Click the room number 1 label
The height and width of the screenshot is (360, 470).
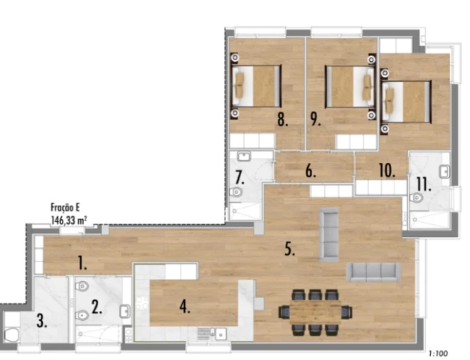click(82, 265)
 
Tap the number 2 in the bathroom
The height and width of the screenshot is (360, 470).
click(97, 310)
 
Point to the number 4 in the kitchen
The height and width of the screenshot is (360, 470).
click(185, 307)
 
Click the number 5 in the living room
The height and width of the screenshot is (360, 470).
click(289, 250)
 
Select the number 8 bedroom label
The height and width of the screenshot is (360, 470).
click(282, 119)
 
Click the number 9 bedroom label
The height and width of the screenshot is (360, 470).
click(316, 119)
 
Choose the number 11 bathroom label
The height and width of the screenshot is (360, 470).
click(424, 185)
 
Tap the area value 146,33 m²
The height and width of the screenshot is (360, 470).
click(68, 221)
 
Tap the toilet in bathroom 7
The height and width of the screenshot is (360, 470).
click(237, 192)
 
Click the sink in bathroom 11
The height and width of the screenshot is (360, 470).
click(444, 171)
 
